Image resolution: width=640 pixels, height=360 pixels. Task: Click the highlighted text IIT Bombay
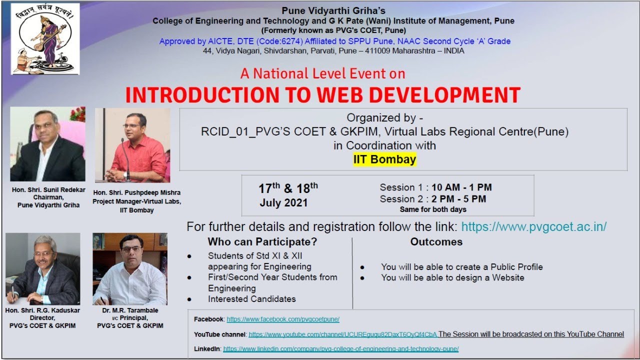(384, 159)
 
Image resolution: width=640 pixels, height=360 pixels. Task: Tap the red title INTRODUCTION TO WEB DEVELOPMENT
(322, 95)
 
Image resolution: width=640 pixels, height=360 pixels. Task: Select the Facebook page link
(283, 319)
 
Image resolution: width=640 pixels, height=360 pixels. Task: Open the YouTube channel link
(343, 334)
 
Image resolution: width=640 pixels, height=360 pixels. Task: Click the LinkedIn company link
(340, 349)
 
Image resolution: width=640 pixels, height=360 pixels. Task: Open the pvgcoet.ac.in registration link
(533, 226)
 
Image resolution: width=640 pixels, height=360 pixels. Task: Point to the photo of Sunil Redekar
(48, 144)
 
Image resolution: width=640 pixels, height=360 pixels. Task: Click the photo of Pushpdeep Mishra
(132, 145)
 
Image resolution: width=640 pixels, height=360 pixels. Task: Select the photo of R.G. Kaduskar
(43, 268)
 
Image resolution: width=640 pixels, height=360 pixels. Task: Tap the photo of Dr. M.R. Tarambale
(130, 269)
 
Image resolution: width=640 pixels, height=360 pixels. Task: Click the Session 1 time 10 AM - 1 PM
(461, 187)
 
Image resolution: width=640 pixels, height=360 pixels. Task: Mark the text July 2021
(283, 203)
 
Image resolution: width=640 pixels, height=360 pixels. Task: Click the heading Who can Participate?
(262, 242)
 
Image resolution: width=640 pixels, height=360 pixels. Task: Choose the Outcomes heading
(436, 242)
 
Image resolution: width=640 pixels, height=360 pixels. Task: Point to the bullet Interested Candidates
(252, 299)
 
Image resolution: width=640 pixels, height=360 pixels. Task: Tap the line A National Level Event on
(322, 73)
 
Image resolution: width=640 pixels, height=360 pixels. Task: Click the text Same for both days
(433, 209)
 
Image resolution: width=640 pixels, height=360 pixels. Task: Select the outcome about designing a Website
(452, 277)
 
